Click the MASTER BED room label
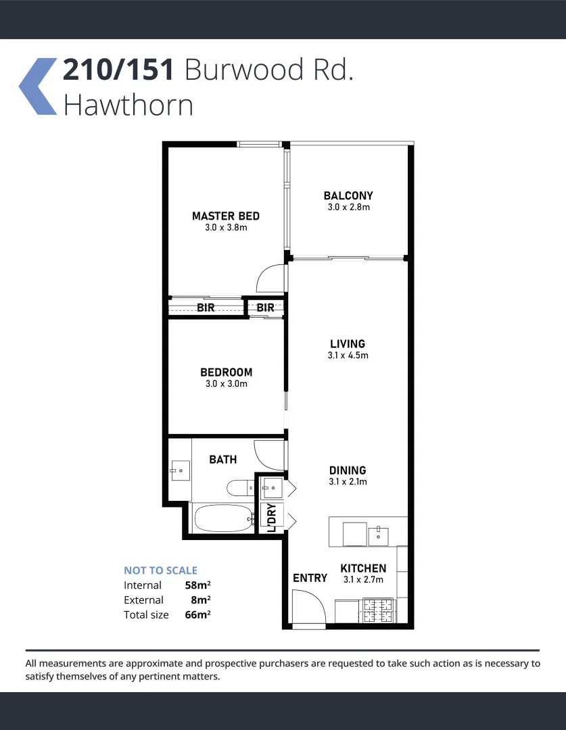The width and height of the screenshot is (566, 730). (x=225, y=216)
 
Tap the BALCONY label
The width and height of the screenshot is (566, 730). (x=348, y=196)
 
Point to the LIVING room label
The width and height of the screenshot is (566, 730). (x=348, y=344)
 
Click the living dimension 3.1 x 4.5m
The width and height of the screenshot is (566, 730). (x=348, y=356)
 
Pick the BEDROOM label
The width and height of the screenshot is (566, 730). (x=226, y=372)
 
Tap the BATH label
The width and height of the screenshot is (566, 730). (x=222, y=460)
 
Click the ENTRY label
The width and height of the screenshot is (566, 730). (x=310, y=578)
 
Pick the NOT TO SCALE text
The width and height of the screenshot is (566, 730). (x=160, y=570)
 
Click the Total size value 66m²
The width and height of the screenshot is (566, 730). (x=197, y=614)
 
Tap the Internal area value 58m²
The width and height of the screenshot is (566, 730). (x=197, y=585)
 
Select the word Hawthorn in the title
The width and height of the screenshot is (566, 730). (x=128, y=105)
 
